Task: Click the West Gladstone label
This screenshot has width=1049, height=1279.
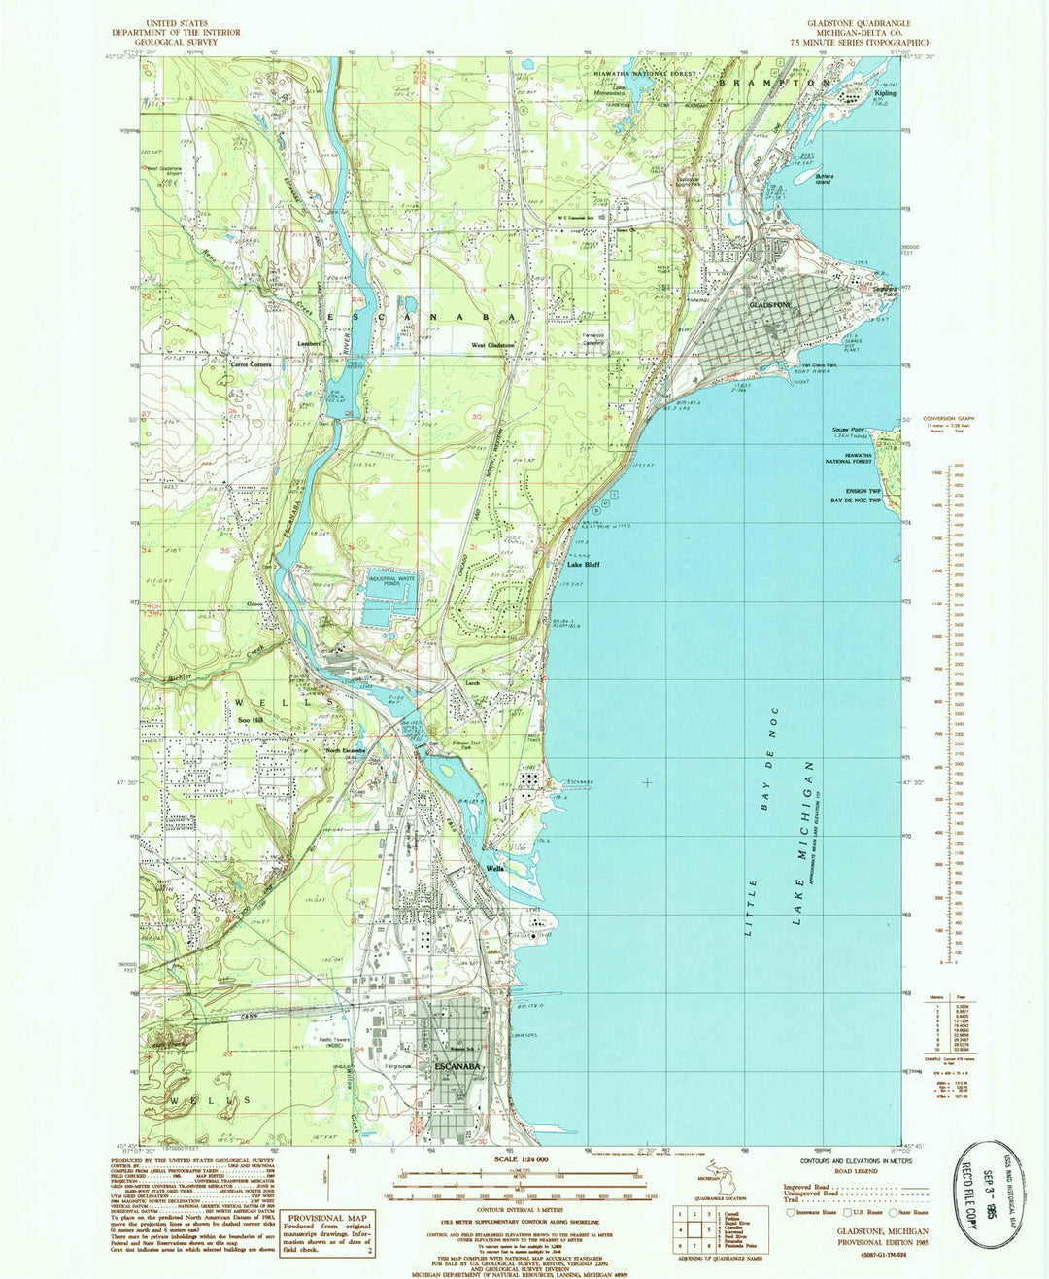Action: (x=493, y=345)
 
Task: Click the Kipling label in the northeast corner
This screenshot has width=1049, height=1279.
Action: (x=885, y=93)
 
